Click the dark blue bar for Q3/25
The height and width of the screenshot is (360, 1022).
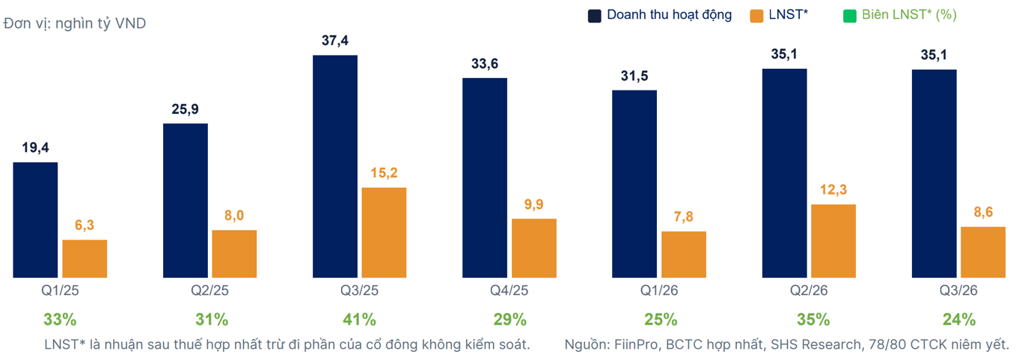pyautogui.click(x=335, y=167)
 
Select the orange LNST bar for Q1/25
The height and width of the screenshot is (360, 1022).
pyautogui.click(x=85, y=259)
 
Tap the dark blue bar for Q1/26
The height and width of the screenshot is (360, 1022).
pyautogui.click(x=634, y=184)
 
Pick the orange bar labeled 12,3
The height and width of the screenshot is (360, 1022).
pyautogui.click(x=833, y=241)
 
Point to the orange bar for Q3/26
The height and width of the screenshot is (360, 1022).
pyautogui.click(x=983, y=252)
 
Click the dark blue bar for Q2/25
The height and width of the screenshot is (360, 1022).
pyautogui.click(x=186, y=201)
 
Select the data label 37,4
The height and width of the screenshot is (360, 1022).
pyautogui.click(x=335, y=40)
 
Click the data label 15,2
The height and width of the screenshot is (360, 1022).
pyautogui.click(x=384, y=173)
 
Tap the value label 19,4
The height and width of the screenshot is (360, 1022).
pyautogui.click(x=35, y=147)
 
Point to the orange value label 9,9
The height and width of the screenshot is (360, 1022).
pyautogui.click(x=533, y=204)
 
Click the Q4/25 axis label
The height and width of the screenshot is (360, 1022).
pyautogui.click(x=509, y=290)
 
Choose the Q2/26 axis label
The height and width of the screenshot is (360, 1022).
pyautogui.click(x=809, y=290)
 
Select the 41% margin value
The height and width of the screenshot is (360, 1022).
pyautogui.click(x=360, y=320)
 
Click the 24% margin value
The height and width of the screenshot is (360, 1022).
pyautogui.click(x=959, y=320)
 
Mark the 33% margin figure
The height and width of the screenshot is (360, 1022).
pyautogui.click(x=60, y=320)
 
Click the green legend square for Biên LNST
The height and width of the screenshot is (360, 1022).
pyautogui.click(x=849, y=16)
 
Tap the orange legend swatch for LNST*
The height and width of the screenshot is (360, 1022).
pyautogui.click(x=756, y=16)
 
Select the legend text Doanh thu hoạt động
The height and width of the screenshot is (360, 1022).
pyautogui.click(x=670, y=15)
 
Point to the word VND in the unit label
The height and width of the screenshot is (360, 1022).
pyautogui.click(x=130, y=22)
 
